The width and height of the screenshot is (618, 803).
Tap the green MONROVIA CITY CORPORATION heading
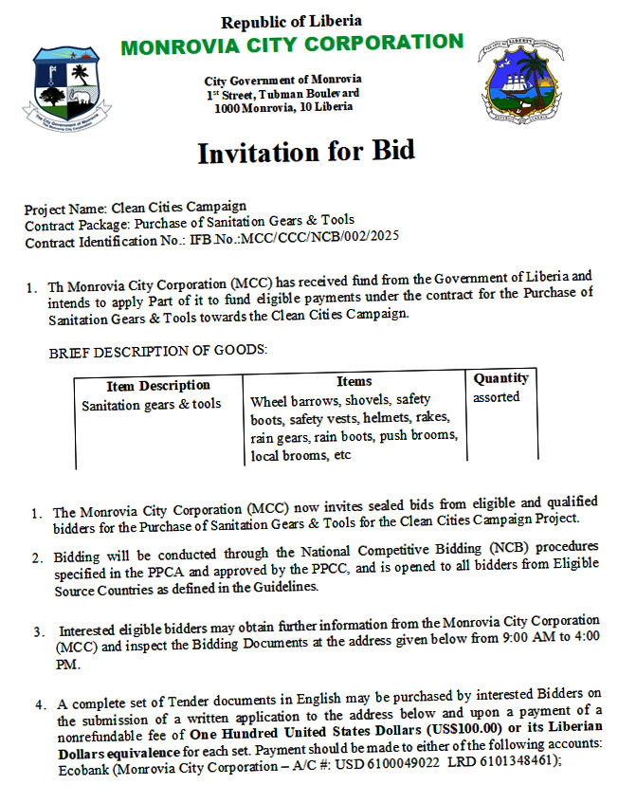(291, 43)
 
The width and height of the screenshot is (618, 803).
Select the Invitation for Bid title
(305, 152)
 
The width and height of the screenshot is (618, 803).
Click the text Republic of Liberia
(291, 21)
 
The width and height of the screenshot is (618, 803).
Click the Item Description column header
(145, 386)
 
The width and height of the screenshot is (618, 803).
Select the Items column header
(354, 381)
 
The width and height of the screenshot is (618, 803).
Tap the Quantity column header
(500, 378)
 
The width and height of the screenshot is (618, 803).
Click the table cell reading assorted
(496, 396)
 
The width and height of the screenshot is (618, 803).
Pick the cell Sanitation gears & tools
(151, 404)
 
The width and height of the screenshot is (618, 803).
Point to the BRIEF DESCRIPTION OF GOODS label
(158, 351)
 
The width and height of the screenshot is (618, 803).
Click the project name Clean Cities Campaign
(179, 207)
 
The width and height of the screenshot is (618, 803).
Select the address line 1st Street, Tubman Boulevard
(283, 93)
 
